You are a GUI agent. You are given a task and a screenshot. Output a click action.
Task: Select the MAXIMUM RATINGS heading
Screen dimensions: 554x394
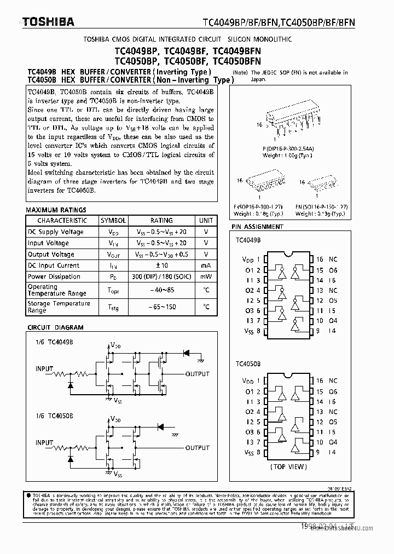point(56,210)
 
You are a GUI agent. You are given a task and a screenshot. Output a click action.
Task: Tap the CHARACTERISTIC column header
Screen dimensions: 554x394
point(62,221)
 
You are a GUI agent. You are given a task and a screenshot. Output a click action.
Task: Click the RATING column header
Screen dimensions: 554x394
point(161,221)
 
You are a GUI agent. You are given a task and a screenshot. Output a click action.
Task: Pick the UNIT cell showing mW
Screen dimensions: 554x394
point(206,276)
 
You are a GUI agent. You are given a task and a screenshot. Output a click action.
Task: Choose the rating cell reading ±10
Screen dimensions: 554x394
point(161,266)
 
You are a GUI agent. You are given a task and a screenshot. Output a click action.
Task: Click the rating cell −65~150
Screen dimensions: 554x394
point(161,307)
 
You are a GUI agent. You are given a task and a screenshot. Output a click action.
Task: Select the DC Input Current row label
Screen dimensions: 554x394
point(54,266)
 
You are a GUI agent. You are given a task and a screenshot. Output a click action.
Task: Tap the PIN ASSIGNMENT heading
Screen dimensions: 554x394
point(257,227)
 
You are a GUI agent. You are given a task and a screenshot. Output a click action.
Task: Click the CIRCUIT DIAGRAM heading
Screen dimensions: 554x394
point(56,327)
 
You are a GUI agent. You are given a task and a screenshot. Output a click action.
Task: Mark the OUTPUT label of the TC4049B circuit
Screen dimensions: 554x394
point(197,374)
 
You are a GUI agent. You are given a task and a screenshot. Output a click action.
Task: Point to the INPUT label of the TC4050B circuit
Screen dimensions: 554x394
point(44,442)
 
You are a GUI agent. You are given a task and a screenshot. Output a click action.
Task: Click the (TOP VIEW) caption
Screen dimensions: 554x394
point(288,467)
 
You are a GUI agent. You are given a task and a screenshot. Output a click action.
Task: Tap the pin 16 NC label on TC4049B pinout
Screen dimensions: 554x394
point(327,259)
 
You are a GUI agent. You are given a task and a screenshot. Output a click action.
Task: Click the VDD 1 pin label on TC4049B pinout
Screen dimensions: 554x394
point(252,259)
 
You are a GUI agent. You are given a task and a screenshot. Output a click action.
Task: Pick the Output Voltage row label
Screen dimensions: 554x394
point(51,255)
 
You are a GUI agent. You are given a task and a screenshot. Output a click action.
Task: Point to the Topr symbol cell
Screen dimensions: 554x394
point(113,290)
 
